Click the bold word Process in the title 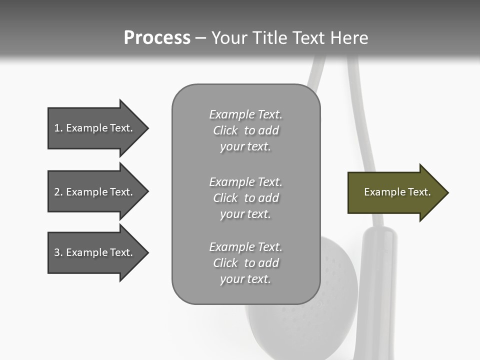pos(157,38)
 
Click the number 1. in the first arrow pos(58,128)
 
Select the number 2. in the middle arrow pos(58,192)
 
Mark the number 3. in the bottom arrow pos(58,252)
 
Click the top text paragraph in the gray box pos(245,130)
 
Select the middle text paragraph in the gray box pos(245,198)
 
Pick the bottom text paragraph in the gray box pos(245,263)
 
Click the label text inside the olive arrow pos(397,192)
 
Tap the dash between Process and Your pos(200,38)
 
